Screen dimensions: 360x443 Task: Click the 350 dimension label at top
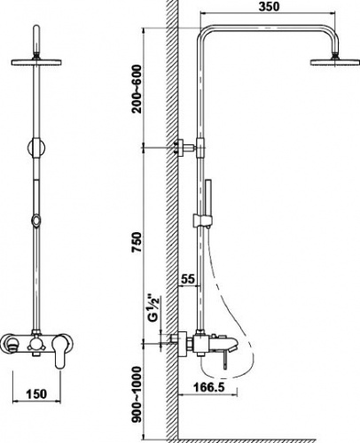[269, 7]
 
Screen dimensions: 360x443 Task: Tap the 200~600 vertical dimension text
[137, 89]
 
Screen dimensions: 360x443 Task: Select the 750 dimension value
[137, 243]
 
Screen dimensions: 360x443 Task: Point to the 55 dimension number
[188, 278]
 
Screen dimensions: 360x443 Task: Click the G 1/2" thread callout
[154, 309]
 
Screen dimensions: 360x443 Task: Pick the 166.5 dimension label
[209, 386]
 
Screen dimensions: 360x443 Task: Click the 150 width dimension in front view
[36, 393]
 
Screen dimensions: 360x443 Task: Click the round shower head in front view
[36, 62]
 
